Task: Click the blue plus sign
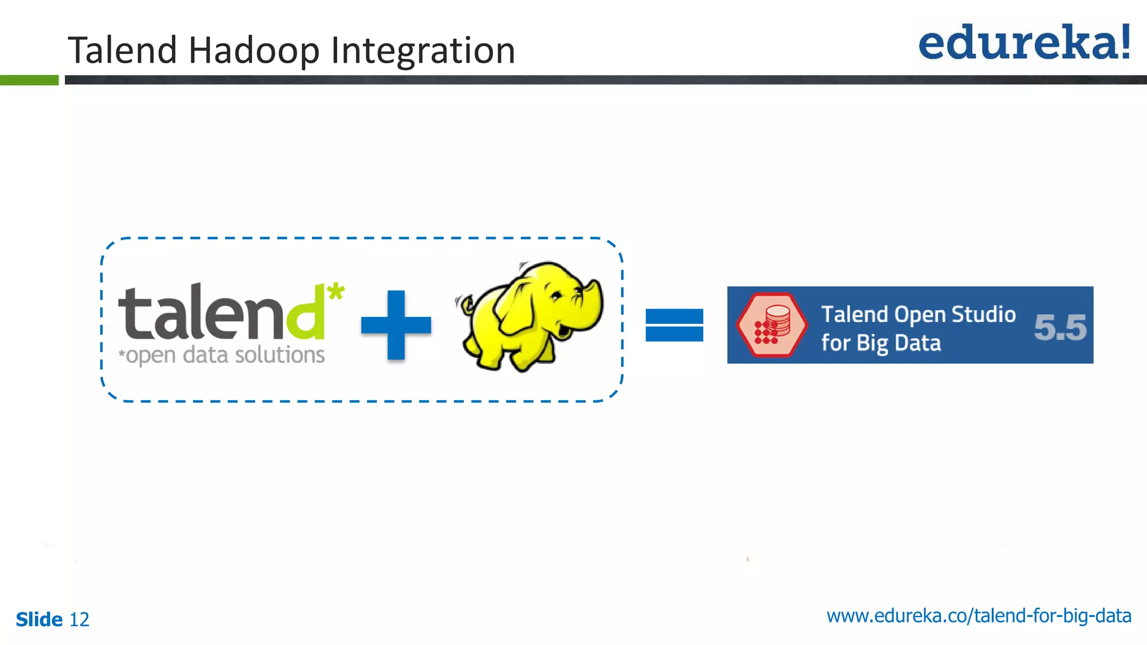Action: [396, 325]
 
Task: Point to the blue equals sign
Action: [674, 325]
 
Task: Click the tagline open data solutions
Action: [224, 356]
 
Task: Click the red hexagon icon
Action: [772, 325]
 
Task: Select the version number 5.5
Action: [1060, 328]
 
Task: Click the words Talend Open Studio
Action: [918, 314]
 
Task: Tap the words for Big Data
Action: [880, 343]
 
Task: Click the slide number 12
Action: [79, 620]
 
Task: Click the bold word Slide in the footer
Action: [39, 620]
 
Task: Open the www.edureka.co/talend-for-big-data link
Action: [978, 616]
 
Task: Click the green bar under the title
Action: [29, 80]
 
